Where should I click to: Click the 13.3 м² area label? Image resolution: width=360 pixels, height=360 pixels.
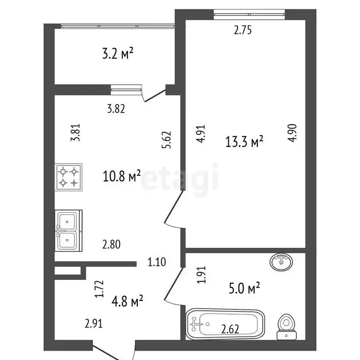click(244, 141)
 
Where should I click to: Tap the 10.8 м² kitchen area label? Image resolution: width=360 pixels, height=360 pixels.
click(122, 176)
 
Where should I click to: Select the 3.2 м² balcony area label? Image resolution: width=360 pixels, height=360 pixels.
click(118, 54)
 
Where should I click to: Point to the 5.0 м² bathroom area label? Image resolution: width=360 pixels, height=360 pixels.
click(244, 288)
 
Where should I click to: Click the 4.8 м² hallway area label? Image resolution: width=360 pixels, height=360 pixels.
click(127, 301)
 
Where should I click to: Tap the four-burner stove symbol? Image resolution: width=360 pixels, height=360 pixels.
click(68, 177)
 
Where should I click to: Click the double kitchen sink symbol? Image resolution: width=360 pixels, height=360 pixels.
click(68, 231)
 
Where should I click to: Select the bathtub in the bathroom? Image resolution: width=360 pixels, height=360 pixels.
click(225, 324)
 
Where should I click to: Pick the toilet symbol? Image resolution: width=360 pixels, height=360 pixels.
click(286, 326)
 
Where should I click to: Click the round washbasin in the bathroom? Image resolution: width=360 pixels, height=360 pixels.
click(281, 262)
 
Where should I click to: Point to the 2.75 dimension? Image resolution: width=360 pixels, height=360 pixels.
click(243, 30)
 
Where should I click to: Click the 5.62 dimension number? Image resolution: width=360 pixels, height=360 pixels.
click(167, 140)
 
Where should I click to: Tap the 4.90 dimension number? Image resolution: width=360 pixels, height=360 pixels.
click(292, 133)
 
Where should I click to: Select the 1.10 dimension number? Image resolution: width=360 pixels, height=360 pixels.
click(157, 262)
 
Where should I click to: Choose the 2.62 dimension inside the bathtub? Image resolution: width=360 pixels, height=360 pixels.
click(230, 329)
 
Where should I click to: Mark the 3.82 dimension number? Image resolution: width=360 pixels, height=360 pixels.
click(116, 109)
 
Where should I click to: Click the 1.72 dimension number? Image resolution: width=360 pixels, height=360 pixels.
click(100, 289)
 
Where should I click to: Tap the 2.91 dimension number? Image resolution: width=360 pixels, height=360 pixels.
click(94, 323)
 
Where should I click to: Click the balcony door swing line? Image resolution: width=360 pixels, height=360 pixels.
click(154, 96)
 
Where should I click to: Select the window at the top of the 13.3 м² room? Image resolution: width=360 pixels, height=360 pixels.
click(249, 14)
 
